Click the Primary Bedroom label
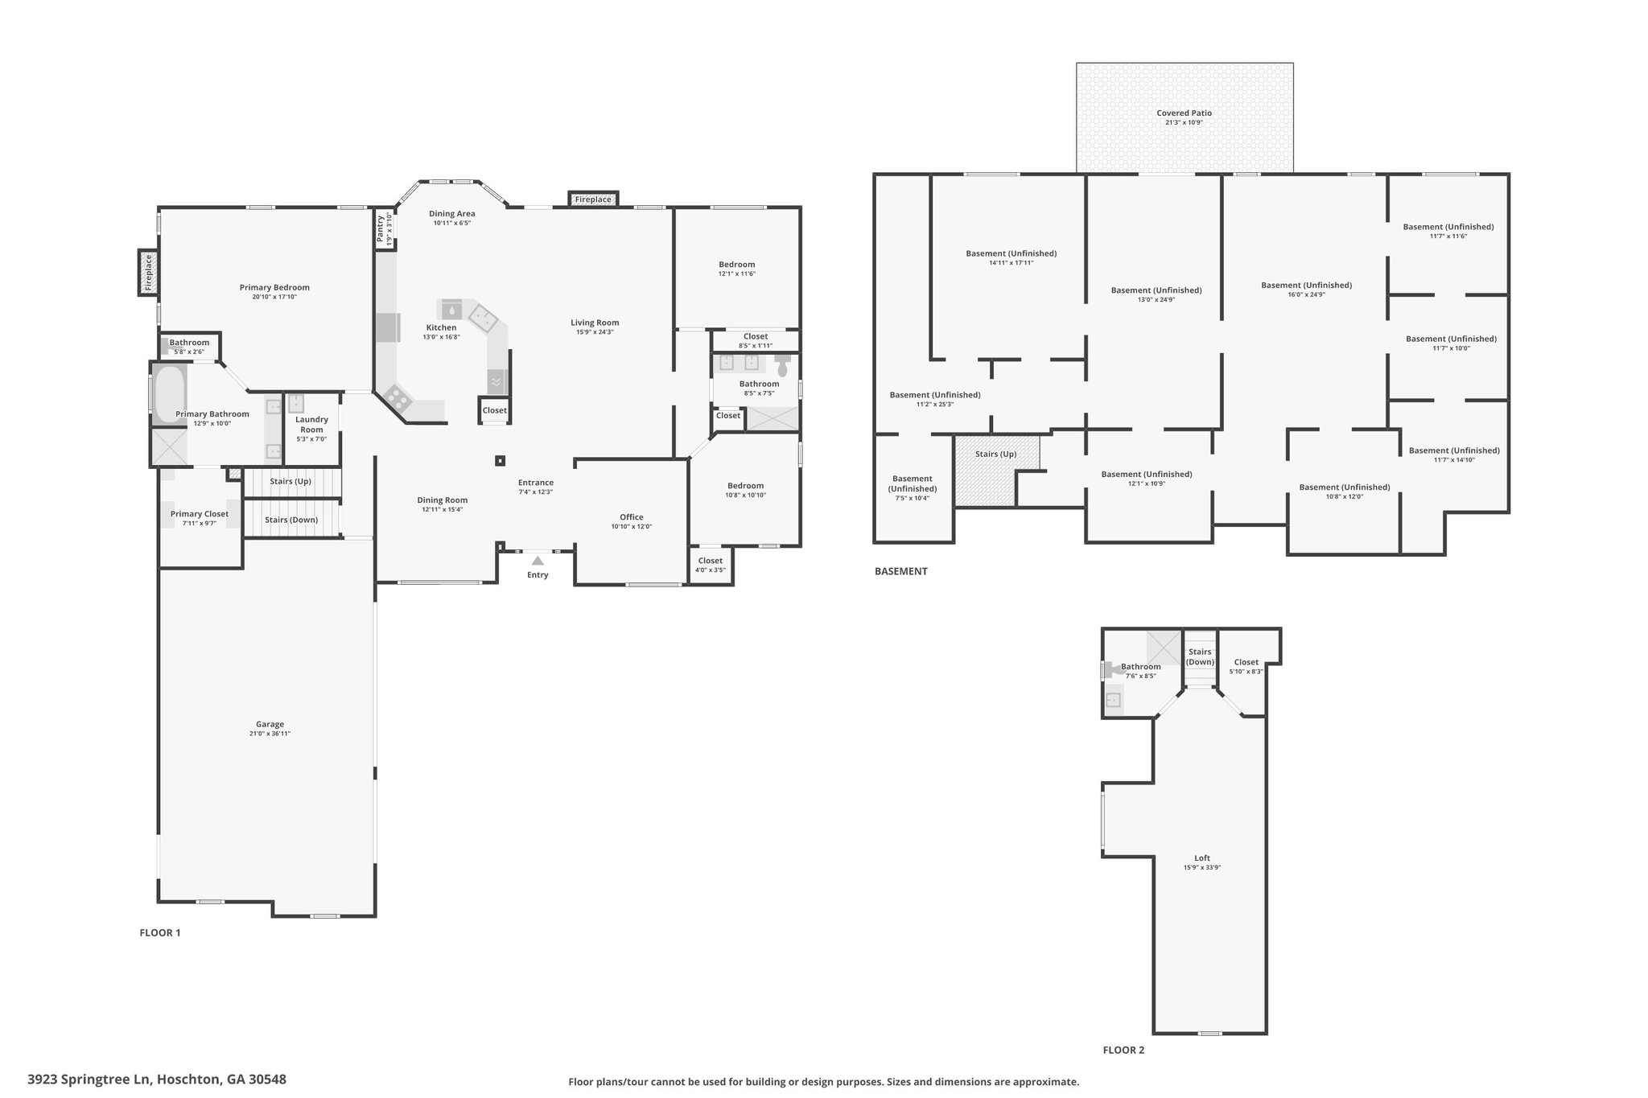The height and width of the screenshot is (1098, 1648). pos(274,287)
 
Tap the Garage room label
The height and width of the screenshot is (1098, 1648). pos(270,724)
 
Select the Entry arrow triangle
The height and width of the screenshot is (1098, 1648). pos(538,560)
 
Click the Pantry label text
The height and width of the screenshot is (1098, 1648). pos(381,228)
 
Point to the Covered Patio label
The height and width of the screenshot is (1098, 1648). pos(1184,113)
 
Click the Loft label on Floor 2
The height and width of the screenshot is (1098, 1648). pos(1202,857)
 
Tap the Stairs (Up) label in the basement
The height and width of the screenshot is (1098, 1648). pos(996,454)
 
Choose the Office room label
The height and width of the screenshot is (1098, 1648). pos(632,517)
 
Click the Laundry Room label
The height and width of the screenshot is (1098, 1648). pos(311,424)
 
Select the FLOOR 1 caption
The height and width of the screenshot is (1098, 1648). pos(160,933)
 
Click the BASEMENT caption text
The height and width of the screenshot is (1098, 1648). pos(901,571)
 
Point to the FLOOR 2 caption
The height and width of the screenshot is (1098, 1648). pos(1123,1050)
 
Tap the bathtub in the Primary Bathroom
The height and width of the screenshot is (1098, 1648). pos(169,393)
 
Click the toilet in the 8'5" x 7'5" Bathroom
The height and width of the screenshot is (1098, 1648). pos(782,366)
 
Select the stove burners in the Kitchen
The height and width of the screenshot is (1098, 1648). pos(396,396)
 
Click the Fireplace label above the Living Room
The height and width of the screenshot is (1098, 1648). pos(593,199)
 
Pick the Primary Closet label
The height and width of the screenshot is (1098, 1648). pos(200,514)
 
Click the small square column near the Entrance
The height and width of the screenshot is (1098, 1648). pos(500,461)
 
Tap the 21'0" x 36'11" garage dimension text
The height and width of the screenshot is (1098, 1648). pos(270,734)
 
